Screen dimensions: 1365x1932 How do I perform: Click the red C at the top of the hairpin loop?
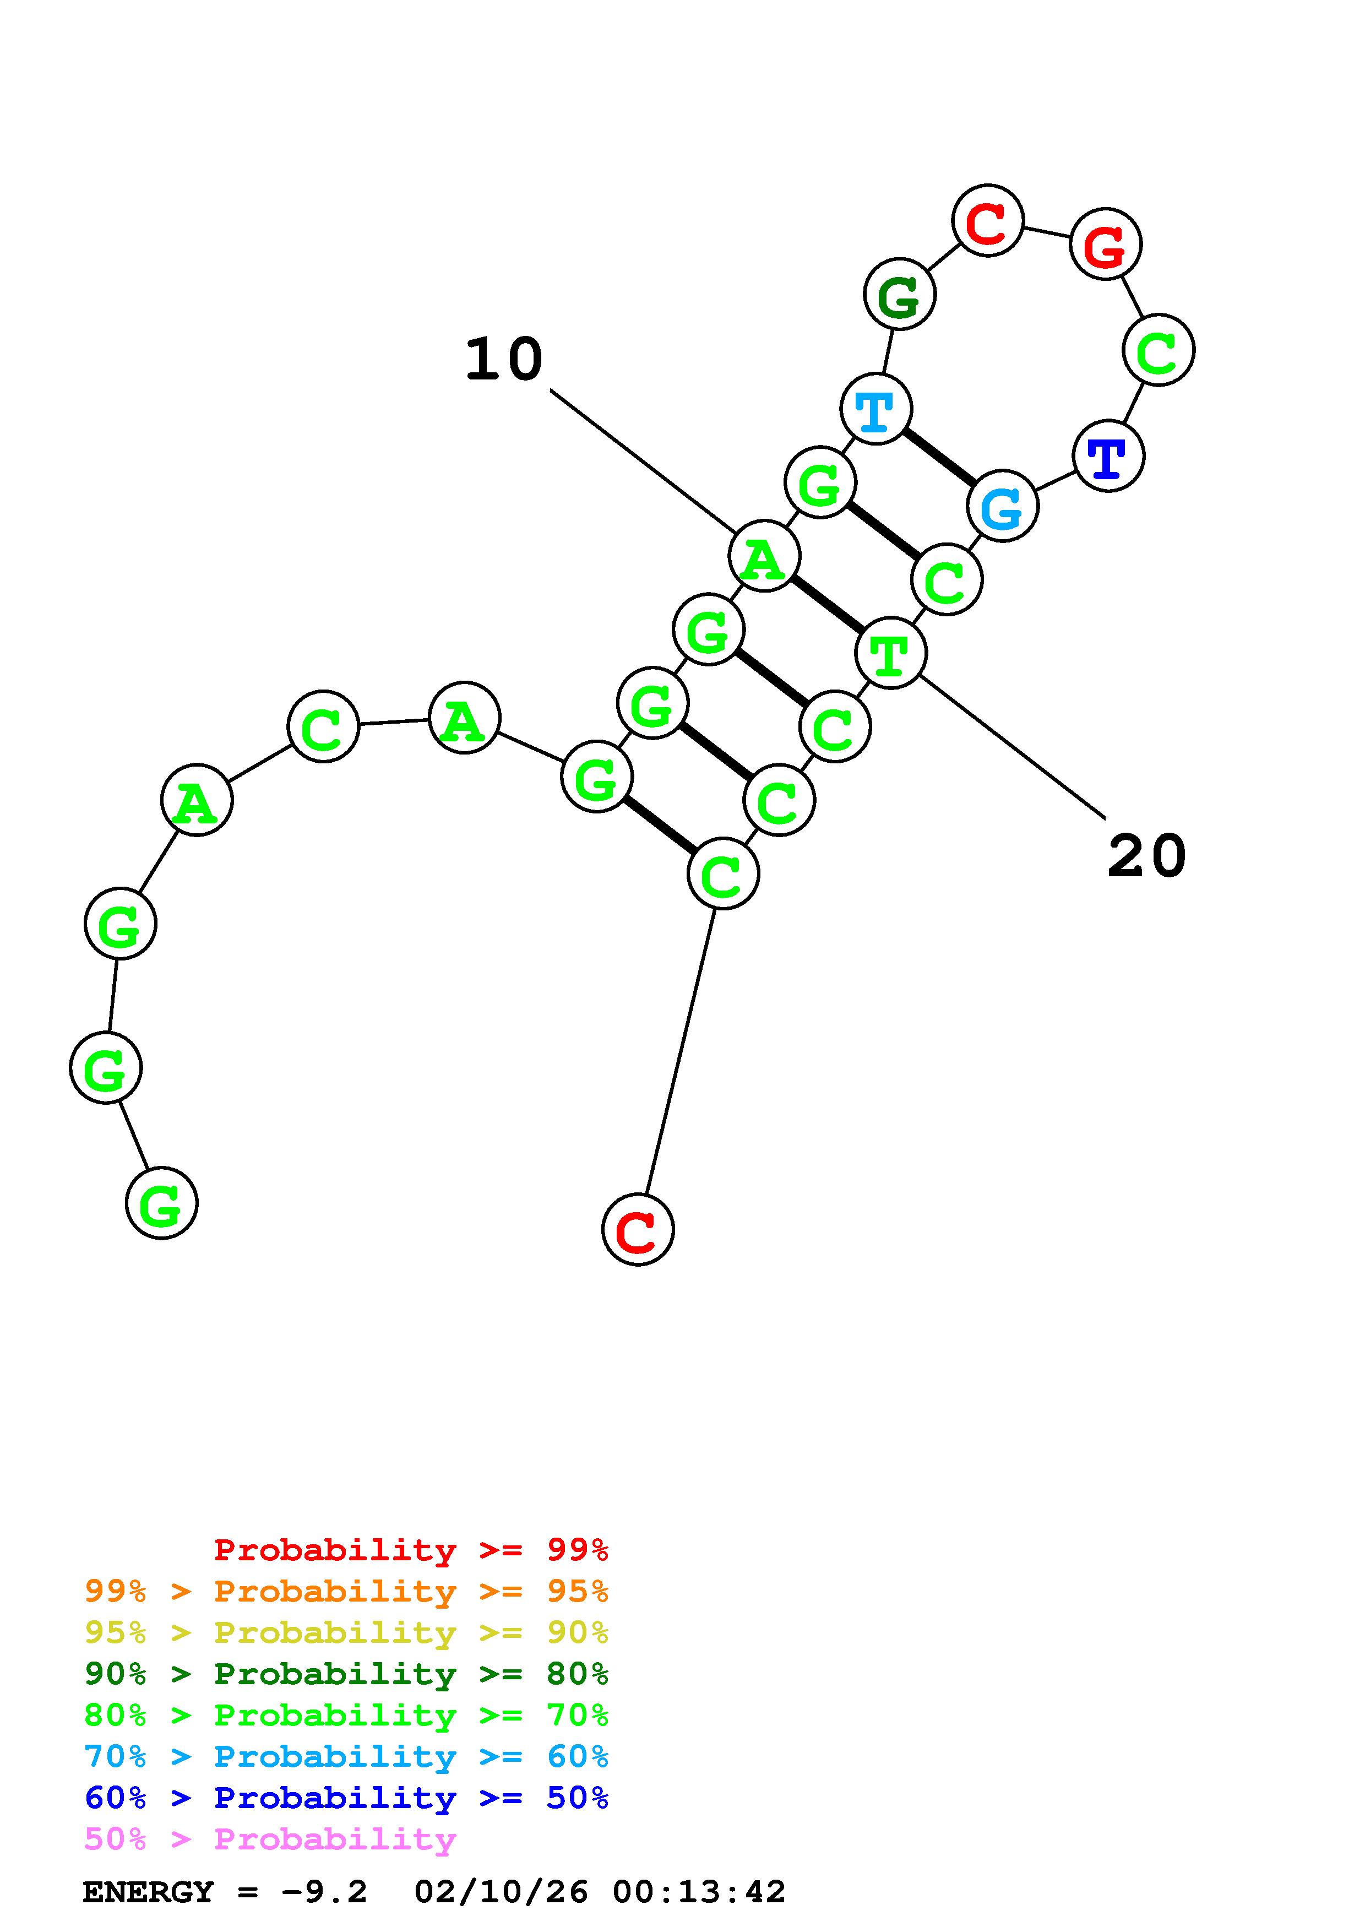point(987,220)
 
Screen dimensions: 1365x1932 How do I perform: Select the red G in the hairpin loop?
point(1105,245)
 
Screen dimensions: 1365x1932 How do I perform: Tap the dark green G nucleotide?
point(899,295)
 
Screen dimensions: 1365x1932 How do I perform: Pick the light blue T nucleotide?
point(875,409)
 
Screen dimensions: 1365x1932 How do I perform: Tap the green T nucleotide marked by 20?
point(890,653)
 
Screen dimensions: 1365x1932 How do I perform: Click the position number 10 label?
point(504,360)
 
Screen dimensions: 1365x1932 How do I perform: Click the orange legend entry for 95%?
point(346,1591)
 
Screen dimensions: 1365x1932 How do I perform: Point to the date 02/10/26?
point(501,1892)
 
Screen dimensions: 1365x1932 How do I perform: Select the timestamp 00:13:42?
point(699,1892)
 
